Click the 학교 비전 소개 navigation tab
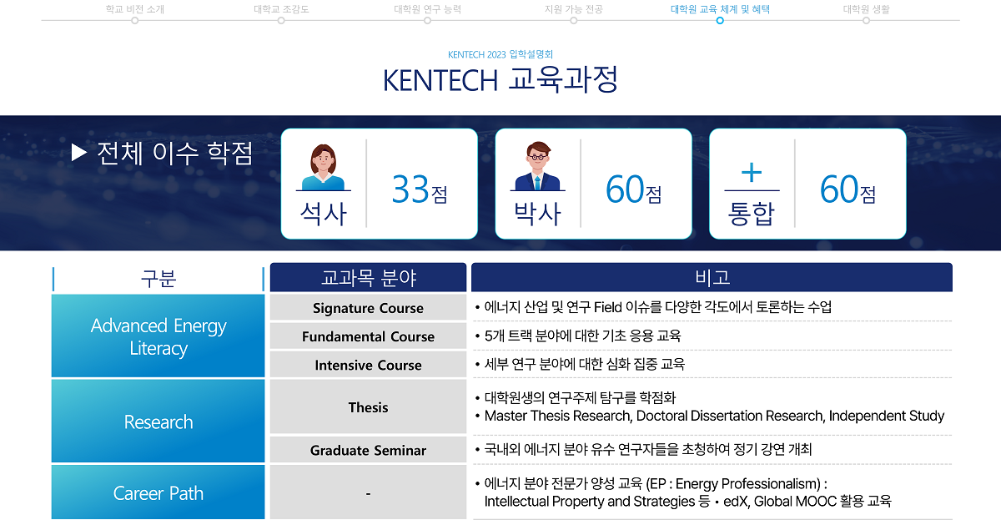coord(135,9)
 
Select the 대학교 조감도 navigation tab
coord(281,9)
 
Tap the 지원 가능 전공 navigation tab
coord(574,9)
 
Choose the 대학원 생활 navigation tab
coord(866,9)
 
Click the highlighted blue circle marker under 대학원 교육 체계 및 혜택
coord(720,21)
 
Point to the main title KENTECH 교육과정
coord(500,79)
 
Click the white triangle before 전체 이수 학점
coord(78,153)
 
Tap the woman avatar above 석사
coord(323,167)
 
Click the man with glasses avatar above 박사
coord(537,166)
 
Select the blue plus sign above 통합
coord(752,173)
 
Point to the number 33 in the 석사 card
coord(410,189)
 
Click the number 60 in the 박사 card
coord(624,189)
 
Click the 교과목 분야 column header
coord(368,277)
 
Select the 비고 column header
coord(712,277)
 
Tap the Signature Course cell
coord(368,308)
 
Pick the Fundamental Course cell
coord(368,336)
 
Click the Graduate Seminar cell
coord(368,450)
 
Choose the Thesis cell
coord(368,406)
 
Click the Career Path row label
coord(158,492)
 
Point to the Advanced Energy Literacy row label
coord(158,336)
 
